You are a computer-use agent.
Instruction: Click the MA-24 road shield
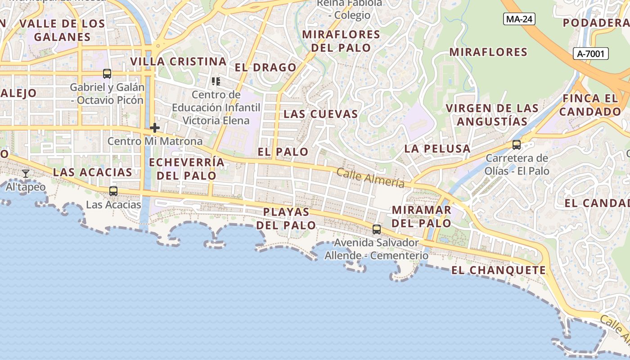pos(519,19)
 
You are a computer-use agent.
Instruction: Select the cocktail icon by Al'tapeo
pos(26,174)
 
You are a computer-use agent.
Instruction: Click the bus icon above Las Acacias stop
pos(113,191)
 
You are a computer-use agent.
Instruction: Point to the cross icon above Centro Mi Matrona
pos(155,128)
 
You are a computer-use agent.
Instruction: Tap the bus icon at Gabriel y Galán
pos(107,74)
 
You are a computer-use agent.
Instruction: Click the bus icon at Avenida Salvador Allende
pos(377,229)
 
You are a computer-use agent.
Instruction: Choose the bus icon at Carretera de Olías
pos(517,145)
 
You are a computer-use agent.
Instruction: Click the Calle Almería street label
pos(370,178)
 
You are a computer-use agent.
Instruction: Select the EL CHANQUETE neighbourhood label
pos(499,270)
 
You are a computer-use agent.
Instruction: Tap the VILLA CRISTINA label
pos(178,61)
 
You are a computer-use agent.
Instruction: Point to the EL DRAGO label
pos(265,67)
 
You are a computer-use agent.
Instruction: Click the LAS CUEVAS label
pos(320,114)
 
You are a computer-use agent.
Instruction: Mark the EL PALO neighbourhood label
pos(283,152)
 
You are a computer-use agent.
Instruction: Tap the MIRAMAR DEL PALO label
pos(422,216)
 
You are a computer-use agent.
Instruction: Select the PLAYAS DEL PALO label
pos(286,218)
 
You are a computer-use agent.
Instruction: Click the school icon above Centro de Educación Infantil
pos(216,81)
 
